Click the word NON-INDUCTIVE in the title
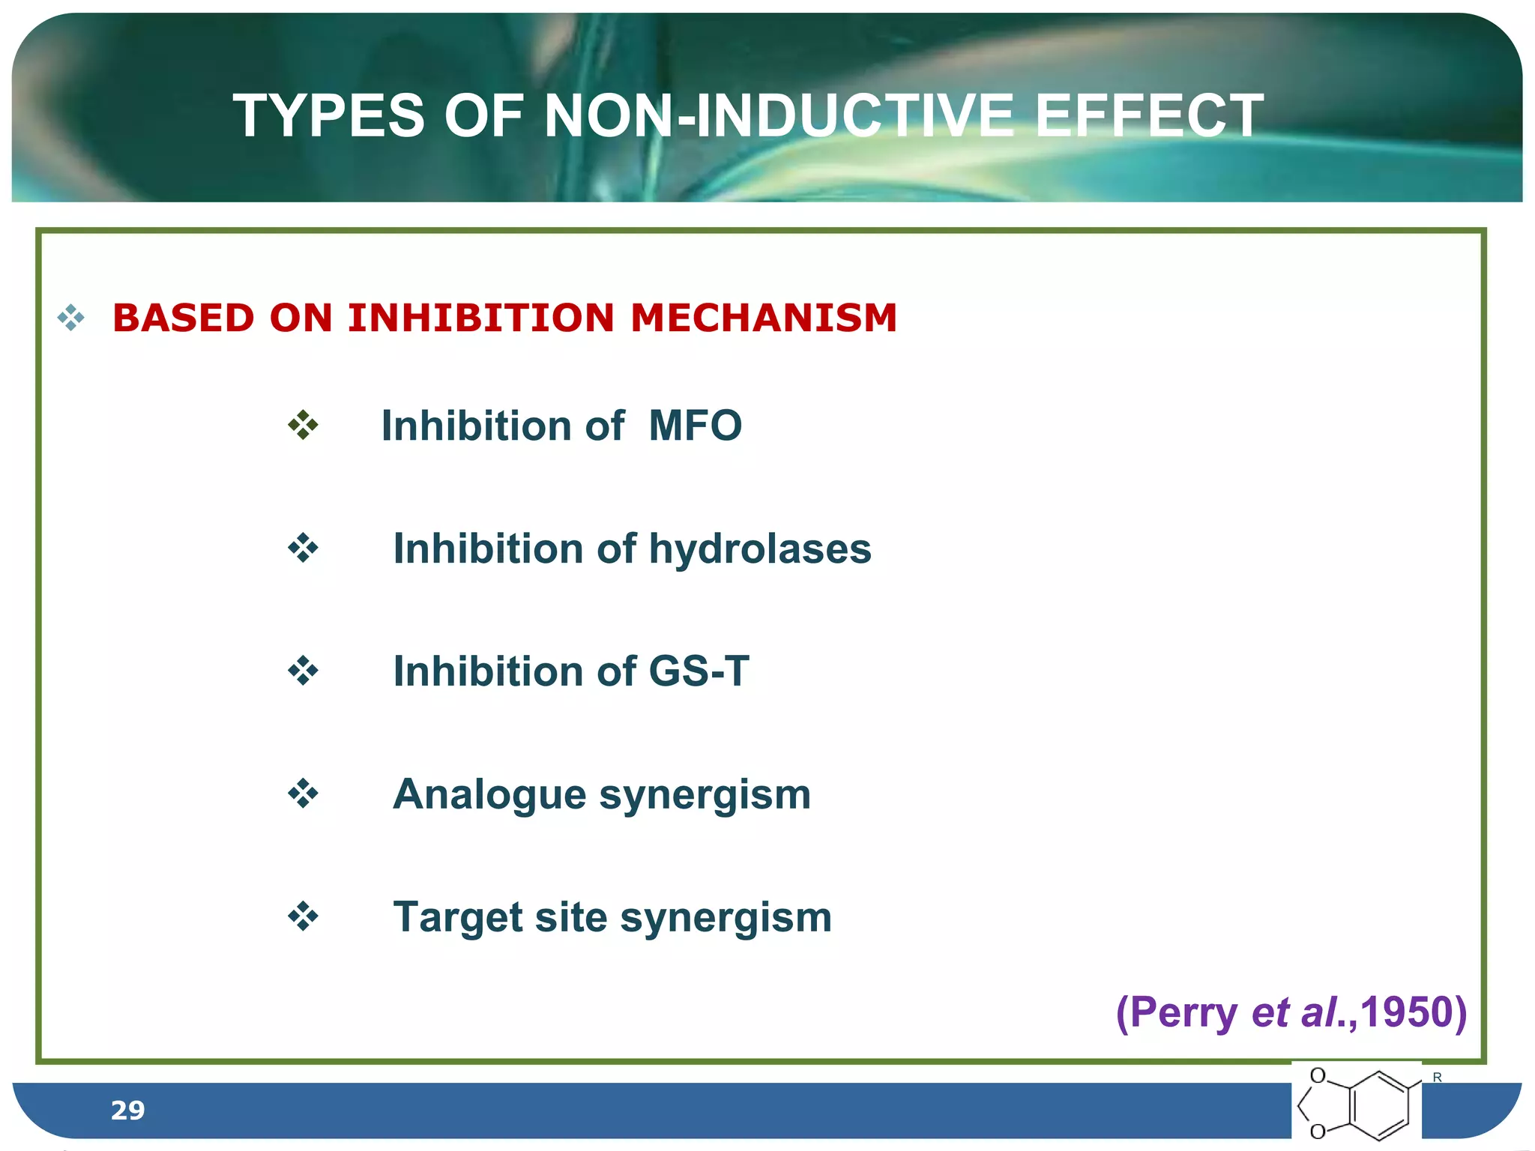coord(779,116)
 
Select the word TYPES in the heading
coord(329,116)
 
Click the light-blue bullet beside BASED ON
coord(71,318)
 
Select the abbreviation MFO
coord(695,426)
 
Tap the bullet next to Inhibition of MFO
coord(303,425)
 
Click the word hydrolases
coord(760,549)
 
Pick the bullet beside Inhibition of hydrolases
coord(303,548)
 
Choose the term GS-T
coord(699,671)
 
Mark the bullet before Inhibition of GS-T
coord(303,671)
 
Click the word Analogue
coord(489,794)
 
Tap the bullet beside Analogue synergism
coord(303,794)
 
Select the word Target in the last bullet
coord(457,917)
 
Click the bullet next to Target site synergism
coord(303,916)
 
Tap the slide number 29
coord(127,1110)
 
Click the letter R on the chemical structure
coord(1437,1078)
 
